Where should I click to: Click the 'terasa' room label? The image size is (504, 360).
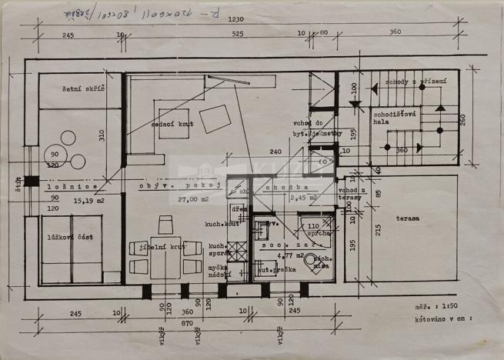(409, 218)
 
